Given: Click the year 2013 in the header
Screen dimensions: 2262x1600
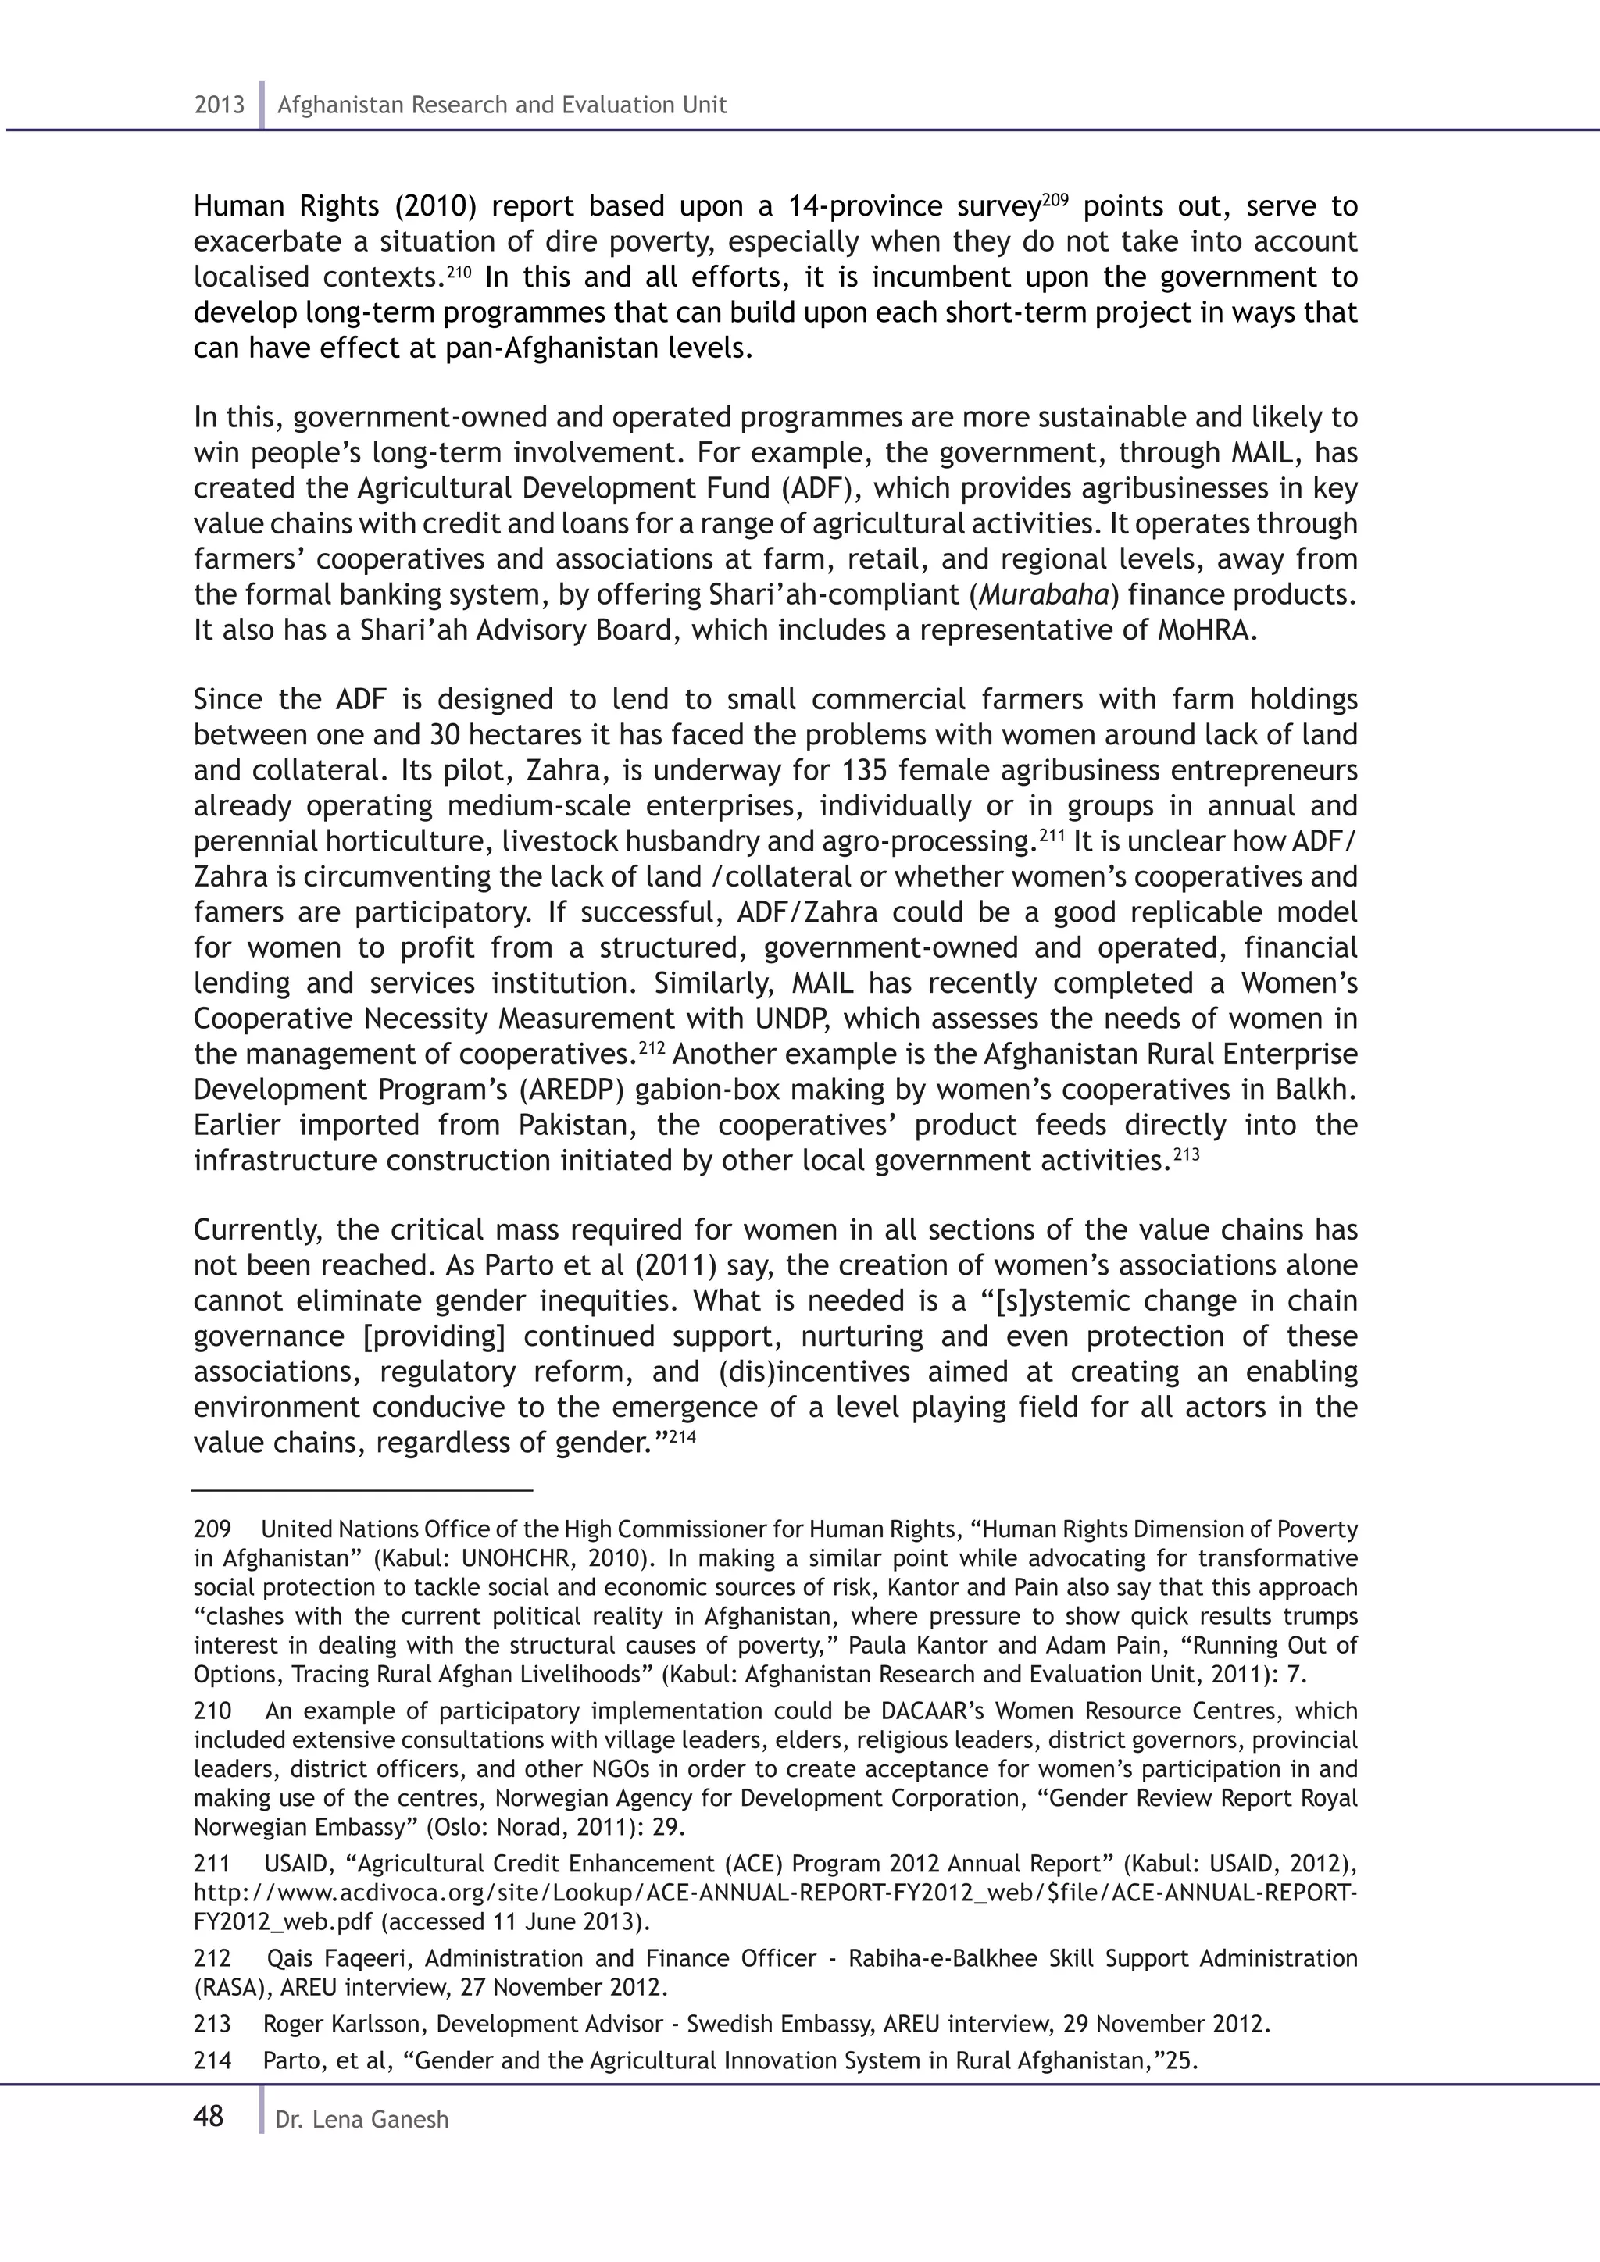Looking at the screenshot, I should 219,105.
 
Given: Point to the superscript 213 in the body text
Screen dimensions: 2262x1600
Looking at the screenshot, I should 1187,1154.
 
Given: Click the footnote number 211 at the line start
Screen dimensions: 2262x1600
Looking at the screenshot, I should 211,1864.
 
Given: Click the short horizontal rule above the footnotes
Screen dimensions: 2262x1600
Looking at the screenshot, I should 362,1490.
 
